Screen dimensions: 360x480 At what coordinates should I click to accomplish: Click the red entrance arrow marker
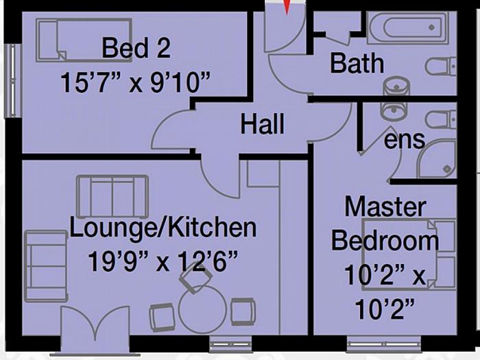click(x=287, y=7)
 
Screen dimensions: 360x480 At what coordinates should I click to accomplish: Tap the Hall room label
click(x=263, y=125)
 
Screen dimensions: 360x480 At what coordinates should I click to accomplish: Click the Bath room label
click(x=357, y=64)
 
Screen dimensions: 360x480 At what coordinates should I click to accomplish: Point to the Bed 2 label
click(x=135, y=49)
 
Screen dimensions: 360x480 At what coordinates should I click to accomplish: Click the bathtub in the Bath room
click(x=402, y=28)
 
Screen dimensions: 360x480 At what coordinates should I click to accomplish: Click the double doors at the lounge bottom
click(x=95, y=331)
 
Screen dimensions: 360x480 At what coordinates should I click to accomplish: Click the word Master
click(x=385, y=206)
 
